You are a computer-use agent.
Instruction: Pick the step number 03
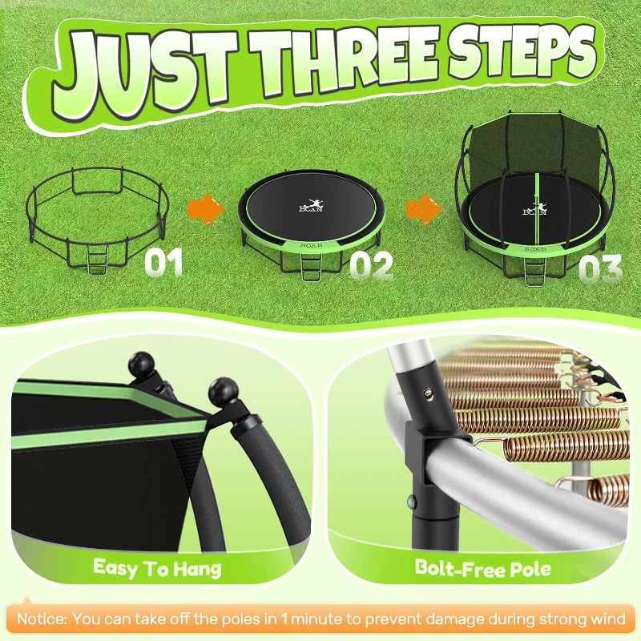[600, 268]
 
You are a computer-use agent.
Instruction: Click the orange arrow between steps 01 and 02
[206, 210]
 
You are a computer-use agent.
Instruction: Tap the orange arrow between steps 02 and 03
[420, 209]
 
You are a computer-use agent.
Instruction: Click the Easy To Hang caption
[157, 568]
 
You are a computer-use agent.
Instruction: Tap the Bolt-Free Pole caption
[482, 568]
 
